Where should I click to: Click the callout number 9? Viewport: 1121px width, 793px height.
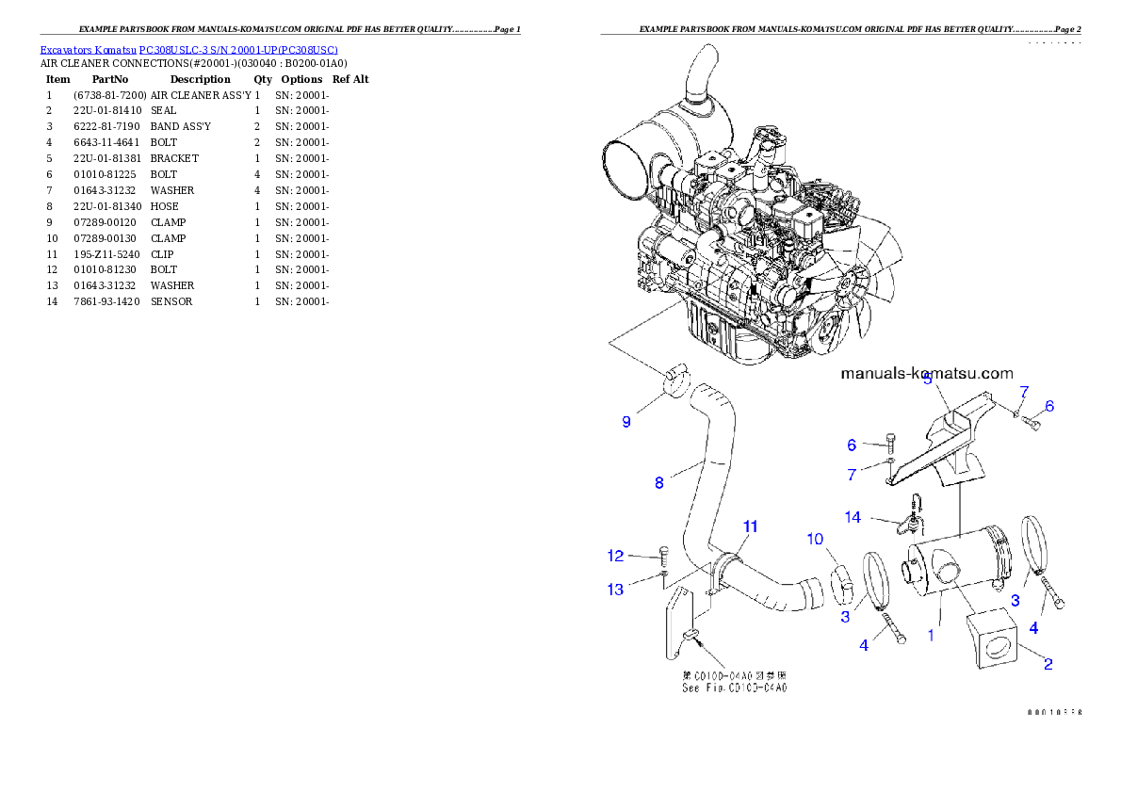626,422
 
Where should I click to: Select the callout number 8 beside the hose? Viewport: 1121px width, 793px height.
659,483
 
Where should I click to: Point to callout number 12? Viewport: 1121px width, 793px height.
615,556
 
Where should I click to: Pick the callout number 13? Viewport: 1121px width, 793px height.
615,590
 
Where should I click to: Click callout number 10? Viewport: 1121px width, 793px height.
816,539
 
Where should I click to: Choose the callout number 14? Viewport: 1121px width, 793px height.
852,517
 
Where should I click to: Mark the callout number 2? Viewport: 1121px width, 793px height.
1047,663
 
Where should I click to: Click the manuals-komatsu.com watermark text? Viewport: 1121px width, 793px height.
926,373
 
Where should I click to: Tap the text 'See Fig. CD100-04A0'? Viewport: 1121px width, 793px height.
734,688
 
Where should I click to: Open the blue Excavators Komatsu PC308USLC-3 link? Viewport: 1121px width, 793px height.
188,49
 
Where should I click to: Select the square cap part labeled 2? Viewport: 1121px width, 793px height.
997,641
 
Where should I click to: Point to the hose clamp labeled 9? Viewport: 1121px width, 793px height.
674,380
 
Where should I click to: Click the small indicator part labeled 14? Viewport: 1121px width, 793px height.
911,517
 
